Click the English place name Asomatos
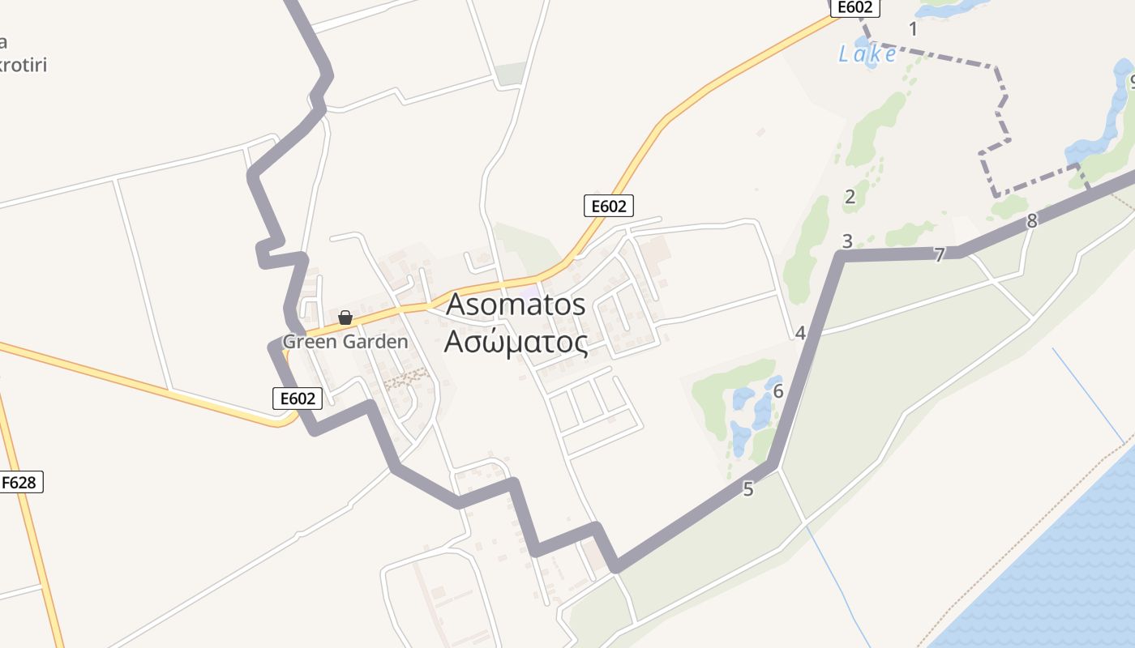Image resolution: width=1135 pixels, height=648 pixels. (516, 305)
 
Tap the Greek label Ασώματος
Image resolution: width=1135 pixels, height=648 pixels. (516, 343)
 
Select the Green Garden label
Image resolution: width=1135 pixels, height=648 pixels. (345, 342)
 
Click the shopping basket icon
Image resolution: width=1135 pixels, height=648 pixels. (345, 318)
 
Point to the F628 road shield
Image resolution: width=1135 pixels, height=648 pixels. (19, 483)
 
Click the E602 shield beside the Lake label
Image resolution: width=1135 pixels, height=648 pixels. (854, 7)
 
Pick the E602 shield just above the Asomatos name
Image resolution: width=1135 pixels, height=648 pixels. (609, 206)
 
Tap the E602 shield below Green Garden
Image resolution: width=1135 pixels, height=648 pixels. (298, 398)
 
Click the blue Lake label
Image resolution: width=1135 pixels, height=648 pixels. (867, 54)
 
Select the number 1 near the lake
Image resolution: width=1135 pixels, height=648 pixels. (914, 29)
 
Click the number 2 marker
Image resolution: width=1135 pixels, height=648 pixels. (850, 196)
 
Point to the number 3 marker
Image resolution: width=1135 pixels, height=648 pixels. (847, 241)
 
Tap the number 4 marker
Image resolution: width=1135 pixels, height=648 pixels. (800, 333)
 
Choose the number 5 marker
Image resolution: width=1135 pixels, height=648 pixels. (747, 489)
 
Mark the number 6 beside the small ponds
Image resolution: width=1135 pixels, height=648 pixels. (778, 392)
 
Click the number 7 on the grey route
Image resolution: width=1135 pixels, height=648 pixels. (939, 255)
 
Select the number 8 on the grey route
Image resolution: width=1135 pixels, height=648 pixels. (1031, 220)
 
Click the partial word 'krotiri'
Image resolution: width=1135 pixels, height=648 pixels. (23, 65)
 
